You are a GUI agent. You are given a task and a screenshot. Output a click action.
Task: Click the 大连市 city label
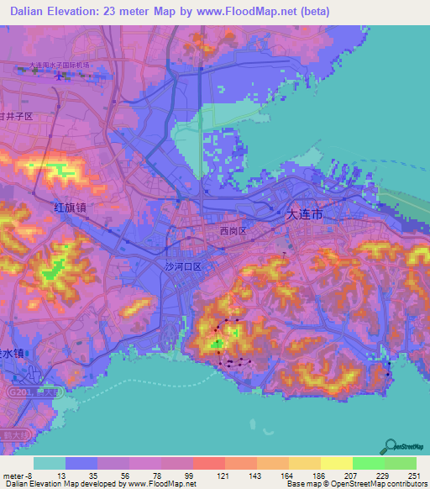pos(305,214)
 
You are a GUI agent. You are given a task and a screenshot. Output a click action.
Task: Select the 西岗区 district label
pos(233,230)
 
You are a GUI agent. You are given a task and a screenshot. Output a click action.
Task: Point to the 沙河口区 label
pos(183,266)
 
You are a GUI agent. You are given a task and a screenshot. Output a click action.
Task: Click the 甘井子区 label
pos(17,117)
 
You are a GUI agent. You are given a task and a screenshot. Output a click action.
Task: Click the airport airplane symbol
pos(58,76)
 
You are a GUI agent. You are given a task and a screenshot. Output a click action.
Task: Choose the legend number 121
pos(223,476)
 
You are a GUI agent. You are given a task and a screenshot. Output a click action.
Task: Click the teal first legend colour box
pos(49,464)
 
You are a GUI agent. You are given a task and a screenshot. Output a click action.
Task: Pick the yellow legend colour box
pos(336,464)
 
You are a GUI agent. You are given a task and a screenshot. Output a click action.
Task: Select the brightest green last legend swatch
pos(400,464)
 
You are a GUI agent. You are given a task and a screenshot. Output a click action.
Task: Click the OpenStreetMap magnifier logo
pos(391,446)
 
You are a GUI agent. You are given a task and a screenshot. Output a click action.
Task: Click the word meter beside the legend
pos(14,476)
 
